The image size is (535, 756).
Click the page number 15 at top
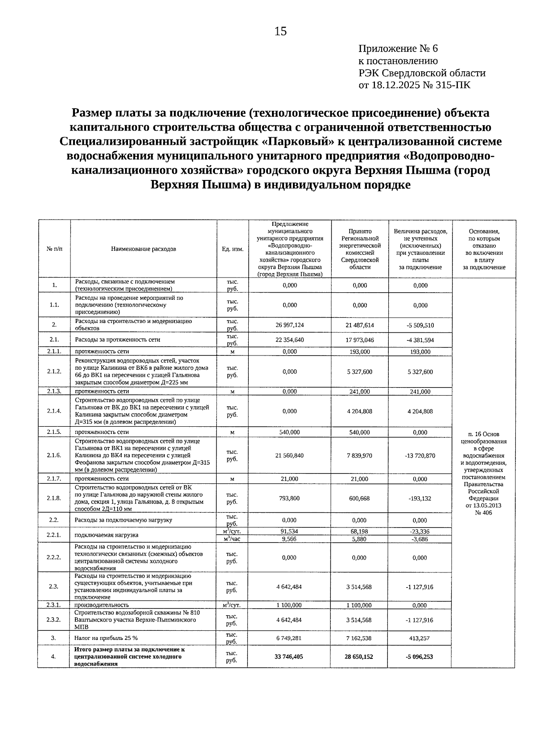[280, 31]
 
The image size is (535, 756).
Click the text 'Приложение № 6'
[398, 49]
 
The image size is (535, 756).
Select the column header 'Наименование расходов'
[143, 249]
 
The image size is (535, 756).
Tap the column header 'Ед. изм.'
[232, 249]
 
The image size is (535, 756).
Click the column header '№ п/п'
[54, 249]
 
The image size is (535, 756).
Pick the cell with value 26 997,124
[290, 325]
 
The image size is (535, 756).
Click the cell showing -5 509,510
[420, 325]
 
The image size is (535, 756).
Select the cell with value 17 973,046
[360, 340]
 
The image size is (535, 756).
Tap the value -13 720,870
[420, 456]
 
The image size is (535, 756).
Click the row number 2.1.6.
[54, 455]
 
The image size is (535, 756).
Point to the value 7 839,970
[360, 456]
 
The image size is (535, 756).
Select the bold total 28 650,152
[359, 657]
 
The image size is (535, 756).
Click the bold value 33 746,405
[289, 657]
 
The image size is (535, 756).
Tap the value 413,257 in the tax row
[420, 638]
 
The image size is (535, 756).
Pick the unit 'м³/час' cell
[232, 539]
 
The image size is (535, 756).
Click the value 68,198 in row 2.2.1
[360, 531]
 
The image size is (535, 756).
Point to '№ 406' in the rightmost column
[484, 513]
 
